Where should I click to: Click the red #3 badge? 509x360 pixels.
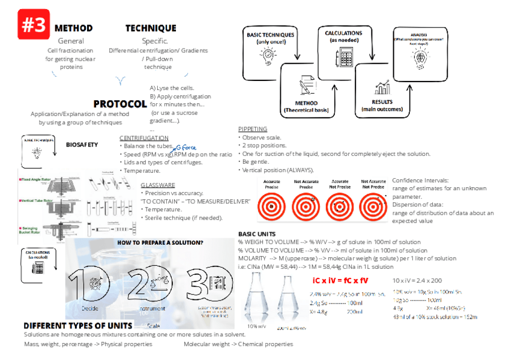tap(34, 25)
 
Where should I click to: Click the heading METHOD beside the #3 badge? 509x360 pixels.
tap(73, 28)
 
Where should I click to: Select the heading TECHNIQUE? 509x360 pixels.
tap(151, 28)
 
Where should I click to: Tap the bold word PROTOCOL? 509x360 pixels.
tap(120, 104)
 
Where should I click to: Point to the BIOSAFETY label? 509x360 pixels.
tap(82, 145)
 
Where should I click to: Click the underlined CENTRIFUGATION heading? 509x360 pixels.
tap(143, 138)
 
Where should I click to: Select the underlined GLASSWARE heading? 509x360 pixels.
tap(158, 185)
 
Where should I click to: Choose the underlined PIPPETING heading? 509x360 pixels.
tap(253, 129)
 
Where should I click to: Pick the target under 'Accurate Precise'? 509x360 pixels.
tap(273, 206)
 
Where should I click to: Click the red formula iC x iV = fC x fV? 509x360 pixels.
tap(340, 280)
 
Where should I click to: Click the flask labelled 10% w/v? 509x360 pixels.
tap(256, 300)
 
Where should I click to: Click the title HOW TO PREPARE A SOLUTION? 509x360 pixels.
tap(160, 243)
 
